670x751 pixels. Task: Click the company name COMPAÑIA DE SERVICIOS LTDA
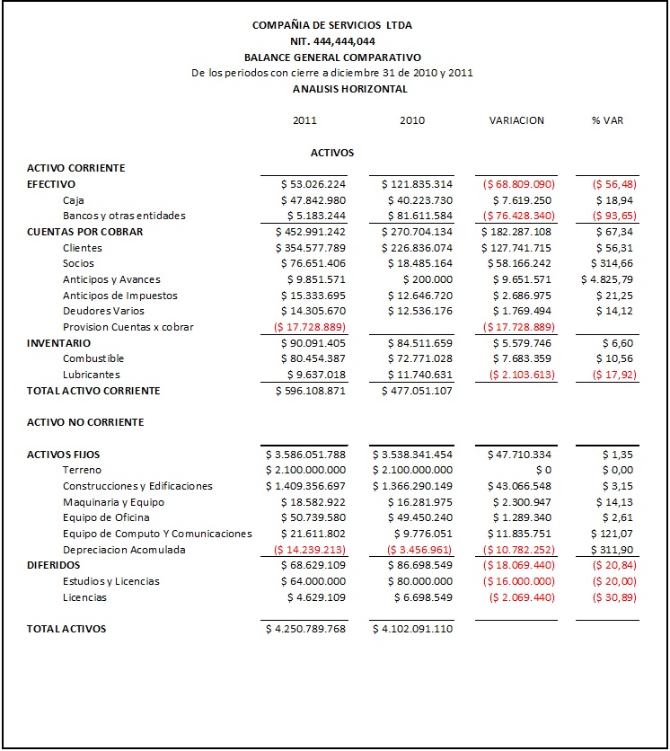tap(332, 25)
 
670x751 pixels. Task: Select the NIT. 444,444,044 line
tap(332, 41)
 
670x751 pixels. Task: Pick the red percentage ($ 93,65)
tap(610, 216)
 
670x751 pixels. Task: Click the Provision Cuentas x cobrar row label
tap(128, 327)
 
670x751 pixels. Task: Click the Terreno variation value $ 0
tap(542, 470)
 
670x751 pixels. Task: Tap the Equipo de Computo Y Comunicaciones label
tap(157, 534)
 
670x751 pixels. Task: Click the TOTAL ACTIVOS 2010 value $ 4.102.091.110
tap(412, 629)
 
